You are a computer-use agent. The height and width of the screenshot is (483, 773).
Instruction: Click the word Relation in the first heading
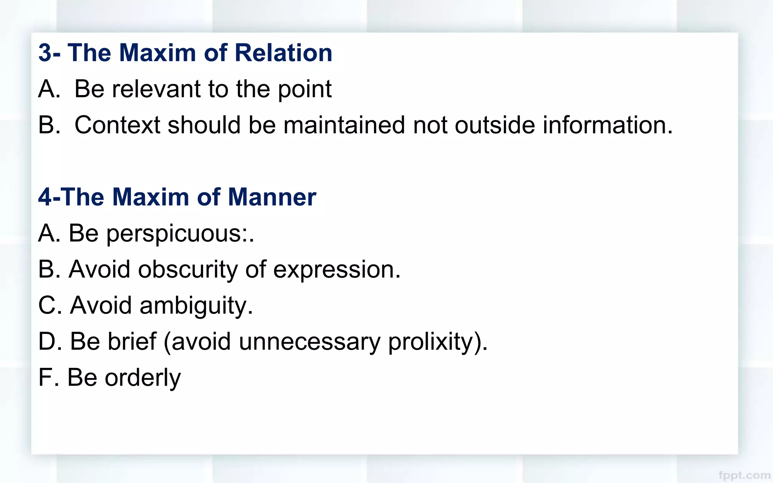click(283, 53)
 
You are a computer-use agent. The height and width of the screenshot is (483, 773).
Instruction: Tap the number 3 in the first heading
click(45, 53)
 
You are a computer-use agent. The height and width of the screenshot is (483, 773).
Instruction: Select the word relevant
click(156, 89)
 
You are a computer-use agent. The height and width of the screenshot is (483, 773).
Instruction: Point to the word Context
click(117, 125)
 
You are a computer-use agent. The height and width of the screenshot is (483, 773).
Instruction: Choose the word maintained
click(344, 125)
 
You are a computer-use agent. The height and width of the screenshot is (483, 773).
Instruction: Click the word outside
click(495, 125)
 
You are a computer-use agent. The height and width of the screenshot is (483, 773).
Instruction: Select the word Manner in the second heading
click(272, 197)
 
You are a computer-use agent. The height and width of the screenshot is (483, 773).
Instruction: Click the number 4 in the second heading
click(45, 197)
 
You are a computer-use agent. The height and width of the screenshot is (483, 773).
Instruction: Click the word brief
click(132, 341)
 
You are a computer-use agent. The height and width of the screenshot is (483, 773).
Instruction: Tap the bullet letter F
click(45, 377)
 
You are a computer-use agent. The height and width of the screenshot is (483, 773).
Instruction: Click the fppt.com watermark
click(744, 475)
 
